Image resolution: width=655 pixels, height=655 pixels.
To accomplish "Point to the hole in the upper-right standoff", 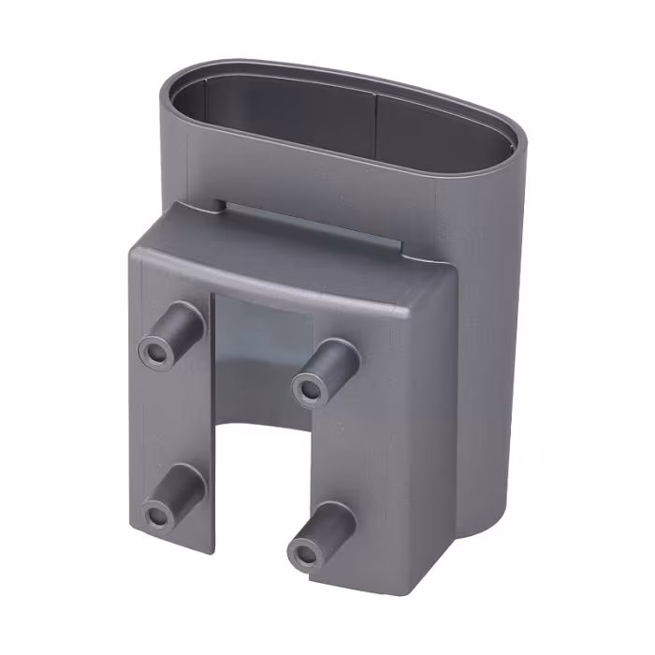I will click(x=307, y=388).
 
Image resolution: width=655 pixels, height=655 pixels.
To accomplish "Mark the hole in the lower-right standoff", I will click(x=303, y=554).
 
